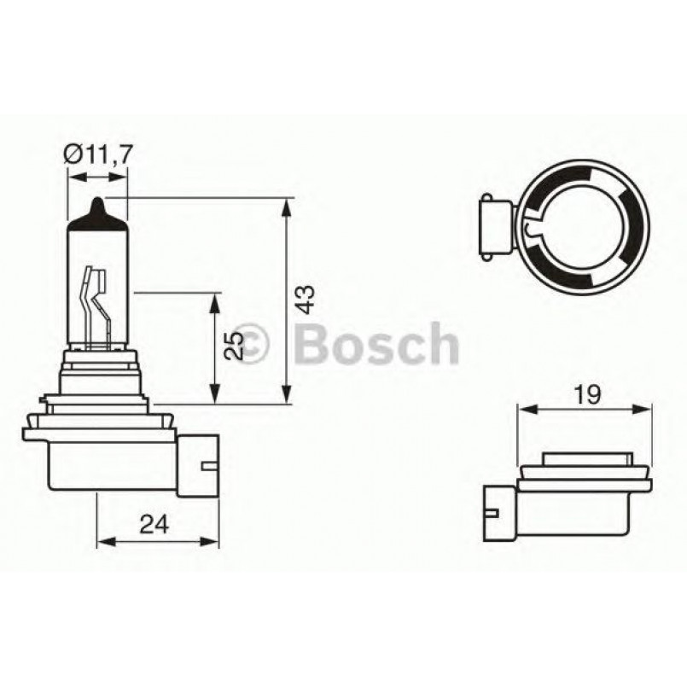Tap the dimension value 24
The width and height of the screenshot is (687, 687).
154,523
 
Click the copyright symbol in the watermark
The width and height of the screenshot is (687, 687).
252,343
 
